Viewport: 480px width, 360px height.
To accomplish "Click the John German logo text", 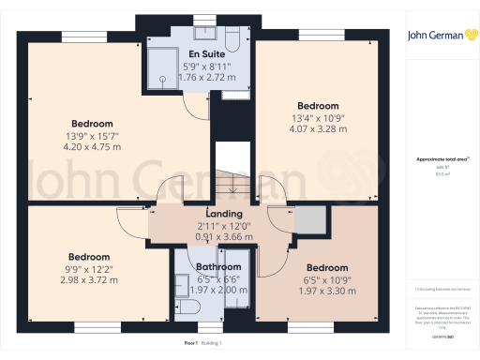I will pyautogui.click(x=441, y=36).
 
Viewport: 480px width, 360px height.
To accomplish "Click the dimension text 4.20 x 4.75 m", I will pyautogui.click(x=92, y=146).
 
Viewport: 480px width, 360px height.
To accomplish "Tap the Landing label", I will pyautogui.click(x=224, y=213).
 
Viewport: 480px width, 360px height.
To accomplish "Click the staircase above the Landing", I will pyautogui.click(x=229, y=170).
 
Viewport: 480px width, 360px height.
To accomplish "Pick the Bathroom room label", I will pyautogui.click(x=218, y=267).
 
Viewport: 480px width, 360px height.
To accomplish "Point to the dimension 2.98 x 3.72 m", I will pyautogui.click(x=87, y=278).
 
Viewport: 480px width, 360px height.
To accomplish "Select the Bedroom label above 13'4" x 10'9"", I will pyautogui.click(x=317, y=106).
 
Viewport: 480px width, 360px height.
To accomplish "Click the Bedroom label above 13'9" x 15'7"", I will pyautogui.click(x=92, y=124).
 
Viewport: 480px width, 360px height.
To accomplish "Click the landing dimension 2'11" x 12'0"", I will pyautogui.click(x=224, y=225).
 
